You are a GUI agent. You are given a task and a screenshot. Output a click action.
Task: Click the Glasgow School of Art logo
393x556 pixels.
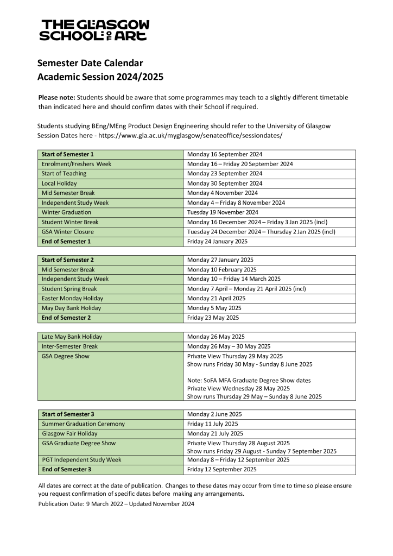click(94, 30)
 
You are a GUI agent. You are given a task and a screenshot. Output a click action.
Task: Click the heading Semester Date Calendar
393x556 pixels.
click(90, 63)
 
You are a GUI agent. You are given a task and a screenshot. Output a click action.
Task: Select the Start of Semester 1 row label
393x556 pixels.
click(68, 154)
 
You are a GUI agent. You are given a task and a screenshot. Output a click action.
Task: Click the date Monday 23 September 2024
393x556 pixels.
click(225, 174)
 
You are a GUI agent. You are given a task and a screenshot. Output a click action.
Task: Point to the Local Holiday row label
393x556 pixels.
click(59, 184)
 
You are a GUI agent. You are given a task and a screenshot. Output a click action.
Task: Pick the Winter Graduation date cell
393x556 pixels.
click(223, 212)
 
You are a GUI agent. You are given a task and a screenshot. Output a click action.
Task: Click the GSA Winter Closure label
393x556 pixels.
click(68, 232)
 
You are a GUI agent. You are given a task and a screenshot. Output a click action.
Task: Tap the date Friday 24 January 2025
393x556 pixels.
click(217, 242)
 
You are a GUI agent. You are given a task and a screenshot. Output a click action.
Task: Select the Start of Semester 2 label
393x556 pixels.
click(68, 260)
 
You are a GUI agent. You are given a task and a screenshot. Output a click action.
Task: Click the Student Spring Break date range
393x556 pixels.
click(246, 289)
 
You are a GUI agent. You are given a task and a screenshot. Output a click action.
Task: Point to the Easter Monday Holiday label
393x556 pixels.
click(72, 299)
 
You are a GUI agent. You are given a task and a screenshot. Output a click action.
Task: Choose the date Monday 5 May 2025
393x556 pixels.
click(216, 308)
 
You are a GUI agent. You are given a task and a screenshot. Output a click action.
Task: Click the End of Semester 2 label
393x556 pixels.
click(66, 318)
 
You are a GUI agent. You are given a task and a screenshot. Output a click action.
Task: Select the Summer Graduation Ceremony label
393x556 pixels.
click(83, 424)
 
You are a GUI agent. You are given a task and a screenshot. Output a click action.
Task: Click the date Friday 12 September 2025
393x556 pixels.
click(222, 469)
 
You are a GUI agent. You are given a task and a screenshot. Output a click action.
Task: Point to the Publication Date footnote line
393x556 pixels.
click(116, 504)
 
